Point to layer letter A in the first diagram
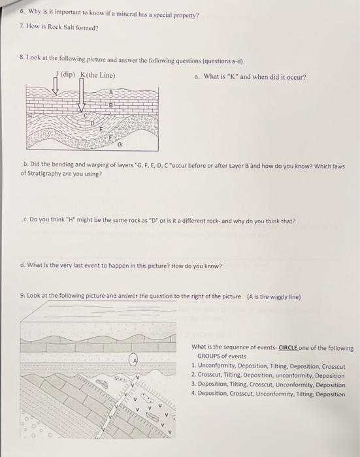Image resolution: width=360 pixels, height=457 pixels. pos(111,93)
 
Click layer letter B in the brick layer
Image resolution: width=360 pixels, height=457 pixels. pos(110,104)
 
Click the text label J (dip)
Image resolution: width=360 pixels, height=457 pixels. pos(66,74)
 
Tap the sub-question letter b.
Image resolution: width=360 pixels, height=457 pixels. pos(24,166)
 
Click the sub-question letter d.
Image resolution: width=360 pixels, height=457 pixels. pos(24,266)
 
